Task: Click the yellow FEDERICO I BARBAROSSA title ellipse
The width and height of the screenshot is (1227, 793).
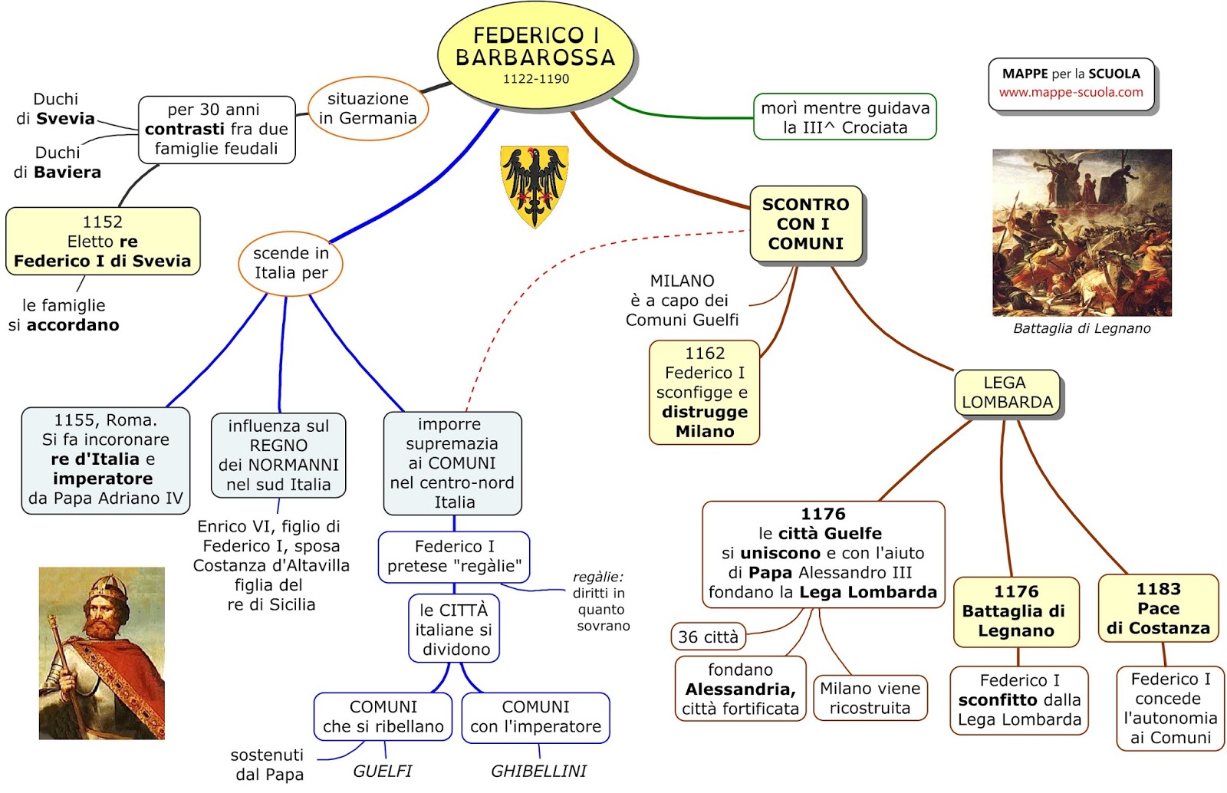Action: [536, 54]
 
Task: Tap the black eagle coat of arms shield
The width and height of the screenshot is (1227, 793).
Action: [535, 185]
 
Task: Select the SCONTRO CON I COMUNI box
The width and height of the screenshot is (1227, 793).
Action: [806, 224]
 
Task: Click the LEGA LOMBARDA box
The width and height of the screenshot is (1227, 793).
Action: [1007, 393]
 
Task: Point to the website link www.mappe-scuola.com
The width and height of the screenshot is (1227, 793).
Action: [1071, 93]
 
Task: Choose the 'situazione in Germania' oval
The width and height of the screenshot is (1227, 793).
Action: [367, 109]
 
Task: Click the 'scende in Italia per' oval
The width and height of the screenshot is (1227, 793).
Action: [291, 263]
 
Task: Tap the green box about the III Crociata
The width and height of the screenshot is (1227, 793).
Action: [845, 118]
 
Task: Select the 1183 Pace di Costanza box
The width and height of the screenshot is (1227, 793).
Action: [1158, 609]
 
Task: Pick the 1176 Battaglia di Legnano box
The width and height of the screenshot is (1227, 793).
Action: [1015, 611]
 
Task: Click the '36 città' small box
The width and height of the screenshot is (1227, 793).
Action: [708, 637]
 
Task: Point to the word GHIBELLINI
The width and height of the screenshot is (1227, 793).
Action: [538, 771]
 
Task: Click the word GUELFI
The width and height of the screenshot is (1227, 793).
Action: [382, 771]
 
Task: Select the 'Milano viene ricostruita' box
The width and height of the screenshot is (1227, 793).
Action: [870, 698]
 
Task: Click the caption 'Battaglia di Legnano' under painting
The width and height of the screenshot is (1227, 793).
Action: [1081, 328]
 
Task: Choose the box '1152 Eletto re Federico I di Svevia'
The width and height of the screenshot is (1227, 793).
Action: [103, 242]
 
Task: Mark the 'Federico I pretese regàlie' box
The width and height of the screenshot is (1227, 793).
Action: [454, 557]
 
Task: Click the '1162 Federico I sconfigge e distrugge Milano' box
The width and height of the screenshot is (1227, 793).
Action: [704, 393]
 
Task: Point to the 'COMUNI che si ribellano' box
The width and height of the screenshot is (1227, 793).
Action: [383, 717]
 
